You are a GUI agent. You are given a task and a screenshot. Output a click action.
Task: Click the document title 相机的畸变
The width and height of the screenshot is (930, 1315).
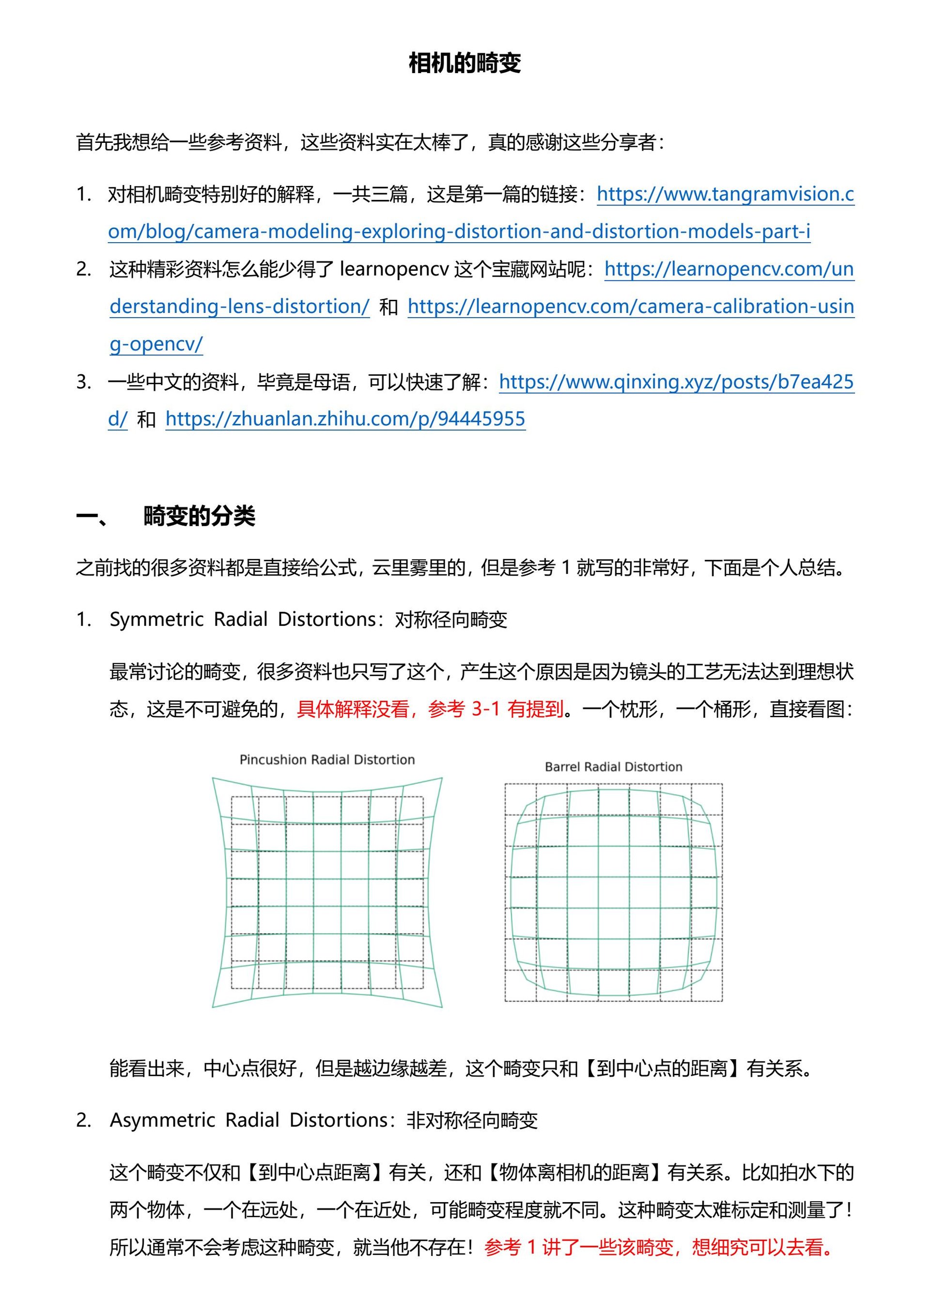pyautogui.click(x=465, y=63)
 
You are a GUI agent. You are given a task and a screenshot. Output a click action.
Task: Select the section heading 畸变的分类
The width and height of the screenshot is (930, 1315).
pyautogui.click(x=199, y=516)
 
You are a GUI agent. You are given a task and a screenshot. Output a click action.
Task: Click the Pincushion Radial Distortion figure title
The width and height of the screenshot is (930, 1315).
pyautogui.click(x=327, y=759)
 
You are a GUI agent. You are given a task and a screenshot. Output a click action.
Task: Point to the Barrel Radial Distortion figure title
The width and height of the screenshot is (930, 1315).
pyautogui.click(x=613, y=767)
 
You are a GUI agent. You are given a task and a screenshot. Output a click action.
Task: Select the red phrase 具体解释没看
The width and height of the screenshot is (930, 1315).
pyautogui.click(x=353, y=709)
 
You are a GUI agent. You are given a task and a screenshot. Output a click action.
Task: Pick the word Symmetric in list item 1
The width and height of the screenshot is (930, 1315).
pyautogui.click(x=156, y=619)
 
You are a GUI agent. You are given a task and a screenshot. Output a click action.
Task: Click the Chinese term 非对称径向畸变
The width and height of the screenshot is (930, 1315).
pyautogui.click(x=472, y=1120)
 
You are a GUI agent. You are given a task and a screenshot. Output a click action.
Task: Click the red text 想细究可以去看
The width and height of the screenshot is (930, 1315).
pyautogui.click(x=757, y=1247)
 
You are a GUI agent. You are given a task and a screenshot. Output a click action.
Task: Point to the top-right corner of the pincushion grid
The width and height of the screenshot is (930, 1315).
pyautogui.click(x=442, y=778)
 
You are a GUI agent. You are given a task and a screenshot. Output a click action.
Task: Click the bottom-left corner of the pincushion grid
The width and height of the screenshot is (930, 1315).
pyautogui.click(x=213, y=1007)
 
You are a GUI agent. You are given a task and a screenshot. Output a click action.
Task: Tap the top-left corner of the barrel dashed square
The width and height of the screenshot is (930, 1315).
pyautogui.click(x=505, y=784)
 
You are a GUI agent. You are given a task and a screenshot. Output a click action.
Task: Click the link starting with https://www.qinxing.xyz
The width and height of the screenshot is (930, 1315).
pyautogui.click(x=676, y=382)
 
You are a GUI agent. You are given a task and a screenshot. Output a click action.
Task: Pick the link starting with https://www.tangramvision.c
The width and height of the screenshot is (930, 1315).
pyautogui.click(x=725, y=194)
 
